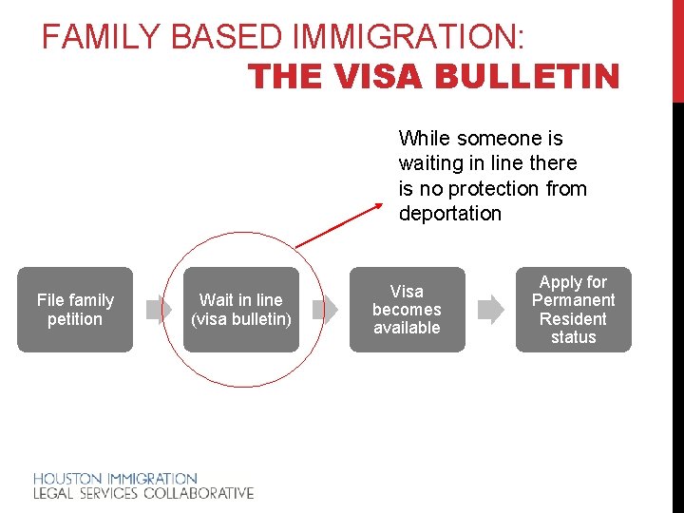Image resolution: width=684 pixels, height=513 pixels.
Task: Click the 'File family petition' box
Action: pos(75,310)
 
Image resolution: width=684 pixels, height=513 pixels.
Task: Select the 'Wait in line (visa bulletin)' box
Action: pos(241,310)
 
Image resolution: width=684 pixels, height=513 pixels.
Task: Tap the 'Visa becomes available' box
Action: pos(407,310)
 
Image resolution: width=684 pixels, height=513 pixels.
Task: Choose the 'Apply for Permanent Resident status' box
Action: pos(573,310)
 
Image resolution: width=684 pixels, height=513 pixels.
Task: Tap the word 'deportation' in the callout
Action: pos(449,214)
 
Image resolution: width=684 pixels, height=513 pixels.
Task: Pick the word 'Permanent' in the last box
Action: pos(573,300)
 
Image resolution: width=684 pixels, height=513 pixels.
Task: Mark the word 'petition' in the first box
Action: pos(75,319)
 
